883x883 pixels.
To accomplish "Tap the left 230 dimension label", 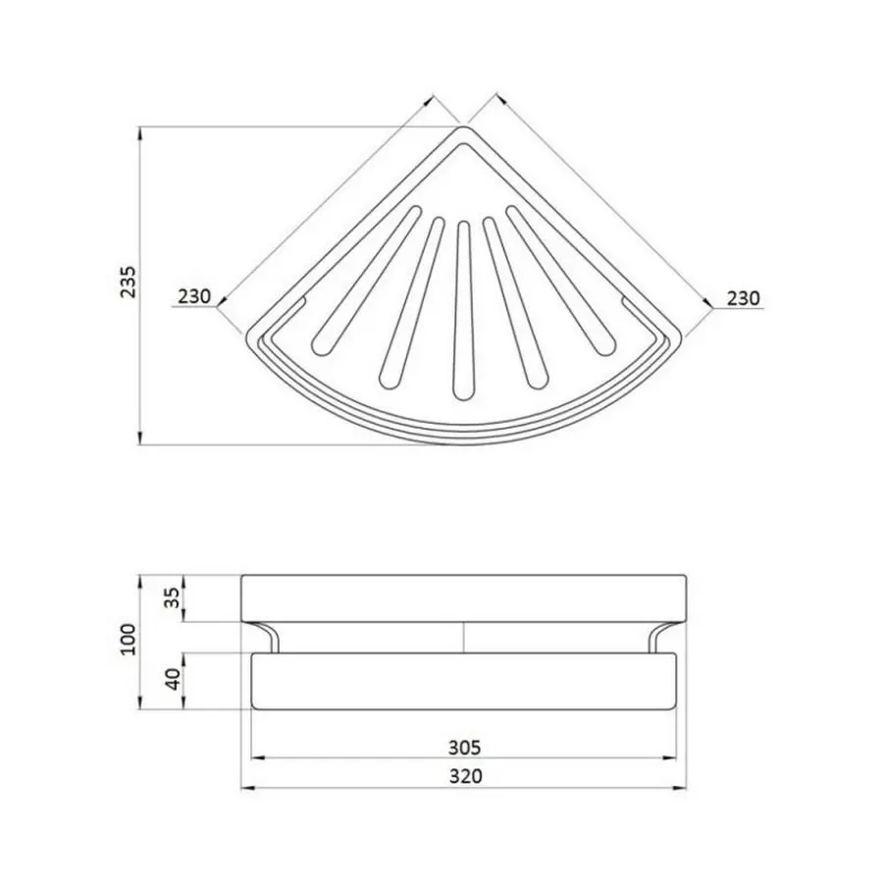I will tap(195, 297).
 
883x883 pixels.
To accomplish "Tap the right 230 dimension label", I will tap(742, 297).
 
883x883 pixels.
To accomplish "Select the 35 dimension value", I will tap(173, 598).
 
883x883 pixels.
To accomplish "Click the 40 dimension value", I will tap(173, 680).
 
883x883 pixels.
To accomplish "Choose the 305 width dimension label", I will tap(466, 746).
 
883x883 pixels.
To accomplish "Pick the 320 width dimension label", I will tap(466, 776).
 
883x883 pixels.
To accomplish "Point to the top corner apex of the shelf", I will tap(463, 129).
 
